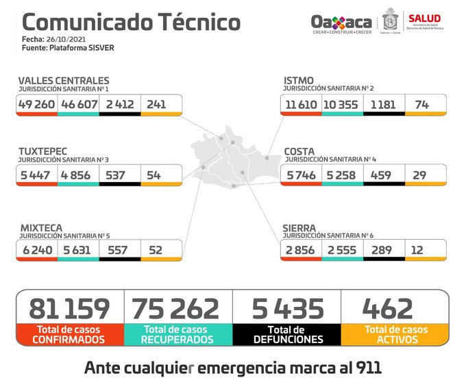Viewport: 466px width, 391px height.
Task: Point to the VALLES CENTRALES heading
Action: [x=63, y=81]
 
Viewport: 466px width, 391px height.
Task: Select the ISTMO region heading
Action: [x=299, y=81]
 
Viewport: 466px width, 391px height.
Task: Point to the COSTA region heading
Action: [x=299, y=150]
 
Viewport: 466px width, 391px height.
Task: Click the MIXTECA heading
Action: [x=40, y=227]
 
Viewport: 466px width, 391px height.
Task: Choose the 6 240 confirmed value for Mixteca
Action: [x=37, y=250]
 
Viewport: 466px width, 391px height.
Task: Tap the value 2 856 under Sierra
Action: [x=300, y=250]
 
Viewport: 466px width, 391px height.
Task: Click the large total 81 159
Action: [x=69, y=308]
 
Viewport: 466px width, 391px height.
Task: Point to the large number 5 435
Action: [x=287, y=308]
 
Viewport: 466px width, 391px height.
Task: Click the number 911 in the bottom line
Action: [x=366, y=368]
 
